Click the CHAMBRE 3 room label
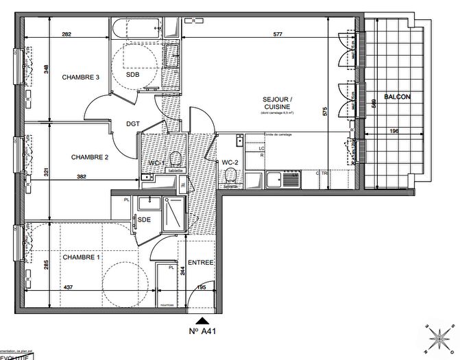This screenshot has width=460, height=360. coord(81,77)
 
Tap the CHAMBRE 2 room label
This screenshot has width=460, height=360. coord(90,157)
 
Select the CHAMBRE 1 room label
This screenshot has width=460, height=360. coord(81,257)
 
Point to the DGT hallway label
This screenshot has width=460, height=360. coord(134,124)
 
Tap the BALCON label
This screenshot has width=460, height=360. coord(397,97)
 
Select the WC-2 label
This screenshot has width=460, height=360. coord(230,163)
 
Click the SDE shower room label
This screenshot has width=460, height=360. coord(144,219)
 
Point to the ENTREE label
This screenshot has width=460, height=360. coord(201,263)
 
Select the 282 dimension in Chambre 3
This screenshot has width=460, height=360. coord(66,34)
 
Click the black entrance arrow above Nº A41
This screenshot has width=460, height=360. coord(202,320)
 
